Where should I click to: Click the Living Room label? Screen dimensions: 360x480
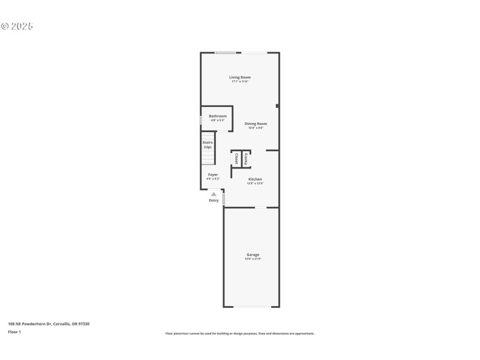(x=239, y=77)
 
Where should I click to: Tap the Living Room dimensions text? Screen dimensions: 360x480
(x=239, y=82)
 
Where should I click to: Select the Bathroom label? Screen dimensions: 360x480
(x=218, y=116)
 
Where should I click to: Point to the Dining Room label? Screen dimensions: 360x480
(x=256, y=124)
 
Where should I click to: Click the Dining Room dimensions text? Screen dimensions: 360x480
(x=256, y=128)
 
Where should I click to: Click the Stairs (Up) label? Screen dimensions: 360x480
(x=208, y=145)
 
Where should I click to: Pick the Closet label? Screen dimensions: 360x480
(x=236, y=159)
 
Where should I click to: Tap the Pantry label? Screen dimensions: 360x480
(x=246, y=159)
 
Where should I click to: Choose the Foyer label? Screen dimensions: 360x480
(x=213, y=175)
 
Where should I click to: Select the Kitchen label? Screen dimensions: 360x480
(x=255, y=179)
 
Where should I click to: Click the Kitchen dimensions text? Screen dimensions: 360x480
(x=255, y=184)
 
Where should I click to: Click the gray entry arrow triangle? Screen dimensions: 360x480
(x=214, y=194)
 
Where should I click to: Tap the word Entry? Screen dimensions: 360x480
(x=214, y=200)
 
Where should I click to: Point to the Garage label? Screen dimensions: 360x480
(x=253, y=254)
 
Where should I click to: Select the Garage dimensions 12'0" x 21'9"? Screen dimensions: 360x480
(x=253, y=259)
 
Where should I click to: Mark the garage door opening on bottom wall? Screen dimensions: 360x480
(x=251, y=307)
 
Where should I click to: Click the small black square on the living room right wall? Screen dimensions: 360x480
(x=277, y=106)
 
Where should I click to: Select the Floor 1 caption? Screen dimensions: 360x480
(x=14, y=331)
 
